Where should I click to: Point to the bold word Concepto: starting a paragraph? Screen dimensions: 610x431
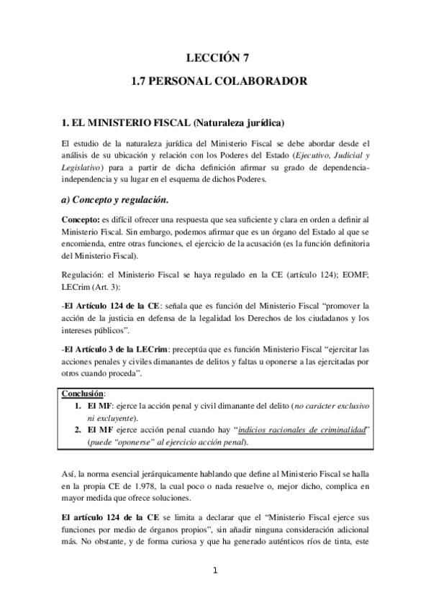81,218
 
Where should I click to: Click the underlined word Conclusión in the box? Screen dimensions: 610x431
83,394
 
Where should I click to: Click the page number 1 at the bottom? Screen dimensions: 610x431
214,572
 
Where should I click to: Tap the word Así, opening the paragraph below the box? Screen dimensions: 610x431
71,475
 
